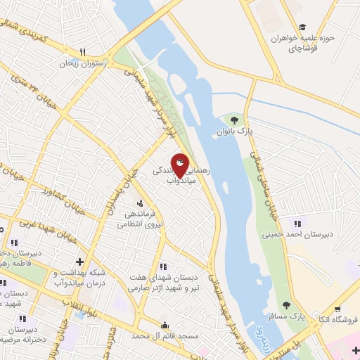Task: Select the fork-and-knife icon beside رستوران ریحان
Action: pos(83,52)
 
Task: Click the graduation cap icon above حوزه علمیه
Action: pos(302,27)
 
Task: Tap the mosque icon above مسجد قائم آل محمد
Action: pos(165,325)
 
